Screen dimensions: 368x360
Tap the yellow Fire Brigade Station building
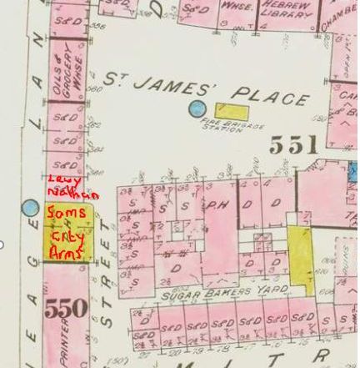click(231, 109)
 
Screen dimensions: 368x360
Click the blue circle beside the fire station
click(197, 108)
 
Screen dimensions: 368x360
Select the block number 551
click(292, 146)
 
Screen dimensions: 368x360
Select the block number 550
click(66, 308)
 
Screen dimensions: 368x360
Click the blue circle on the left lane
click(31, 208)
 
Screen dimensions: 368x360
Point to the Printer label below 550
click(67, 345)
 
